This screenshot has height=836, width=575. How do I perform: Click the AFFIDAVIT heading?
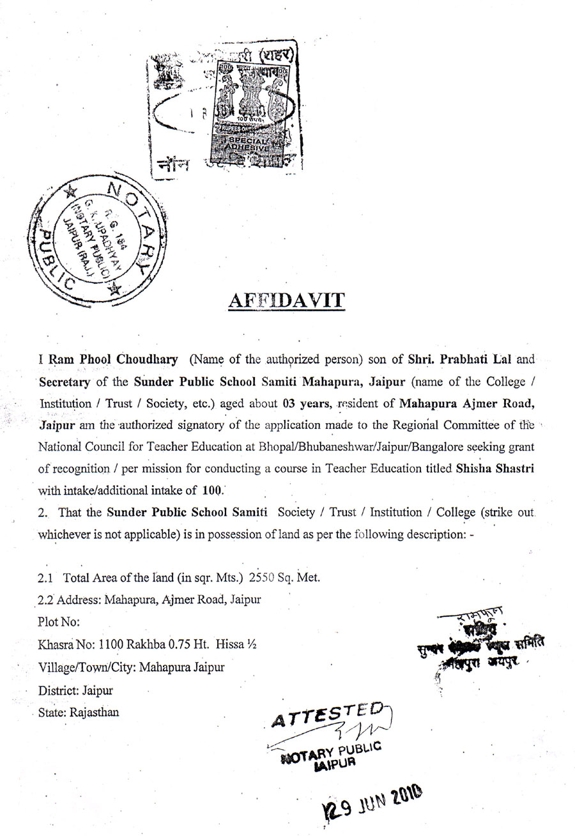click(x=287, y=300)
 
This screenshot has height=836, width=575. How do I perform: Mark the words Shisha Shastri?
click(x=495, y=468)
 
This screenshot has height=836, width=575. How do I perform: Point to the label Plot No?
click(x=59, y=621)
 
